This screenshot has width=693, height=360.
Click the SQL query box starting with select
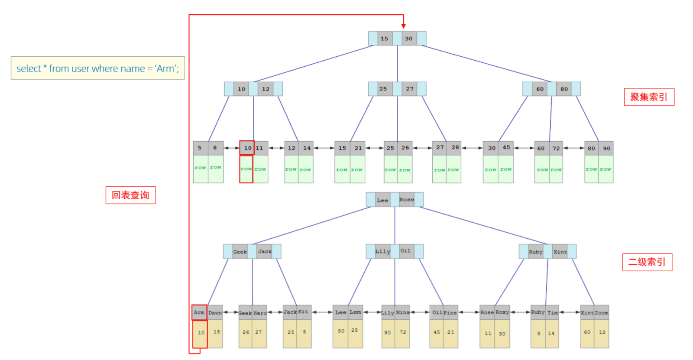pos(98,68)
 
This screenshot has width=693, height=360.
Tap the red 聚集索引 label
pos(649,97)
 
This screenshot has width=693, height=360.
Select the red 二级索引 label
pos(647,262)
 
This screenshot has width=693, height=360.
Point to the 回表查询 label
pos(130,195)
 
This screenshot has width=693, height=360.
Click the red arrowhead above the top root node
pos(403,26)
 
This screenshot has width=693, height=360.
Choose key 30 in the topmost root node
pos(409,39)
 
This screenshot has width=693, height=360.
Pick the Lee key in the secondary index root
pos(383,200)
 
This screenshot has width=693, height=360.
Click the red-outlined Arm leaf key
pos(200,312)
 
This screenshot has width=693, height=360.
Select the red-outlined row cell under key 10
pos(246,169)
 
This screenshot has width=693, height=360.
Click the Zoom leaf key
pos(602,313)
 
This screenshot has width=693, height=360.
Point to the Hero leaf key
pos(259,313)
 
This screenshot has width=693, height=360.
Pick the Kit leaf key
pos(304,312)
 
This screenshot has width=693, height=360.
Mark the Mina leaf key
pos(402,313)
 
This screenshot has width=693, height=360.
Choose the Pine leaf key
pos(450,313)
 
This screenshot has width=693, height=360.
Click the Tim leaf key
pos(552,313)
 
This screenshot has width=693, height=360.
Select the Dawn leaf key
pos(215,313)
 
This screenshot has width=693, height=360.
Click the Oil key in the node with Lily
pos(406,251)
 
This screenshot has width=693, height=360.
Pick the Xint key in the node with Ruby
pos(560,252)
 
